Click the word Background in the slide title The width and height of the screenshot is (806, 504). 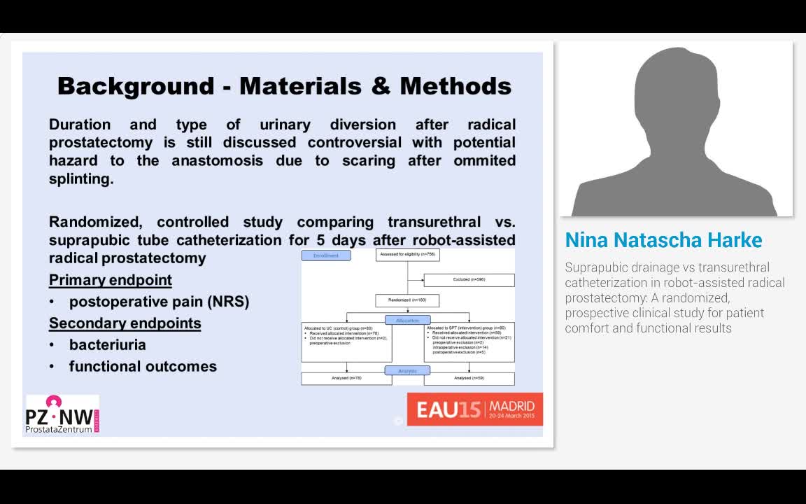coord(136,86)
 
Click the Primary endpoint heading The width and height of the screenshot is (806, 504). coord(111,280)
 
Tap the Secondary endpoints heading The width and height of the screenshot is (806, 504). coord(125,323)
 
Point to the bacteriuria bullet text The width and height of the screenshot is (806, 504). coord(108,345)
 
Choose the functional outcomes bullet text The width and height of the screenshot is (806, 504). coord(143,367)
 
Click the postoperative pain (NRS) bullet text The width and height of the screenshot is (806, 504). coord(159,302)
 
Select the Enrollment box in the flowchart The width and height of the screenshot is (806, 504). coord(326,255)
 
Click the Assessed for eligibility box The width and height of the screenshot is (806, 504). coord(408,255)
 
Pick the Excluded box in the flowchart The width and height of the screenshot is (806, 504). coord(469,280)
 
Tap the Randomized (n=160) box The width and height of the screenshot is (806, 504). coord(408,301)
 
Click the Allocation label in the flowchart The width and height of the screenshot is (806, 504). coord(408,321)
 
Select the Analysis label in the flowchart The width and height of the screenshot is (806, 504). coord(408,371)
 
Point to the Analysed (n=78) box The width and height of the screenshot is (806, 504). coord(346,379)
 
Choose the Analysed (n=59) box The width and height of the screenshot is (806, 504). coord(469,379)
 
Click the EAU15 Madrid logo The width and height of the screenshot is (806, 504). coord(475,409)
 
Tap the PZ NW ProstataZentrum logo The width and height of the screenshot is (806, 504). coord(62,414)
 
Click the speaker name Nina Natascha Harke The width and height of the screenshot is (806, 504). coord(663,240)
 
